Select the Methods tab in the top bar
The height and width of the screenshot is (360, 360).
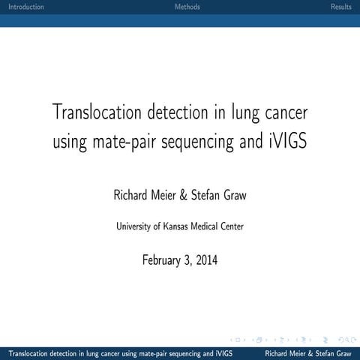[x=187, y=7]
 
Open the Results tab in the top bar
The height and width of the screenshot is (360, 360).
[x=340, y=7]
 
